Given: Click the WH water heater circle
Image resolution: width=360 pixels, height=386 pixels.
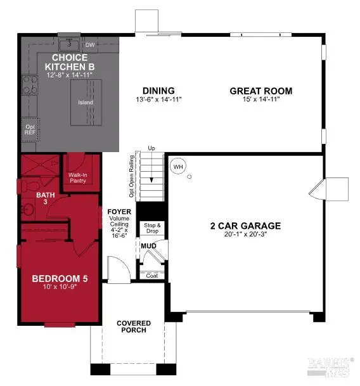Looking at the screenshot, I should (177, 166).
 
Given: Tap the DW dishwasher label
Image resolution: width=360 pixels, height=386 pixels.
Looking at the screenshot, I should (90, 45).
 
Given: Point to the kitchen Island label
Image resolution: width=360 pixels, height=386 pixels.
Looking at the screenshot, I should (85, 103).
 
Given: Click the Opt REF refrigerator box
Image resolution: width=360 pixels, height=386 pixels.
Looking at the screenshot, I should (29, 129).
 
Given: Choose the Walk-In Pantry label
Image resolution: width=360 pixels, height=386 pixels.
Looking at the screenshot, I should (78, 177).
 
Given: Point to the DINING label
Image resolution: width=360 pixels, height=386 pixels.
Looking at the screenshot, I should (158, 91).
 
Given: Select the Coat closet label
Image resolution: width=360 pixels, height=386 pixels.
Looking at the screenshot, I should (151, 275).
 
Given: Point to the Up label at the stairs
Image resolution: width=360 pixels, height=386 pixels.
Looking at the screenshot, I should (151, 148).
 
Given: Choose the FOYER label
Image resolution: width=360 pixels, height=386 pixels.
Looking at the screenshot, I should (119, 212).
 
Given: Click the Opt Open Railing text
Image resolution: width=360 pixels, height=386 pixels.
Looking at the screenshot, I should (131, 172).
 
